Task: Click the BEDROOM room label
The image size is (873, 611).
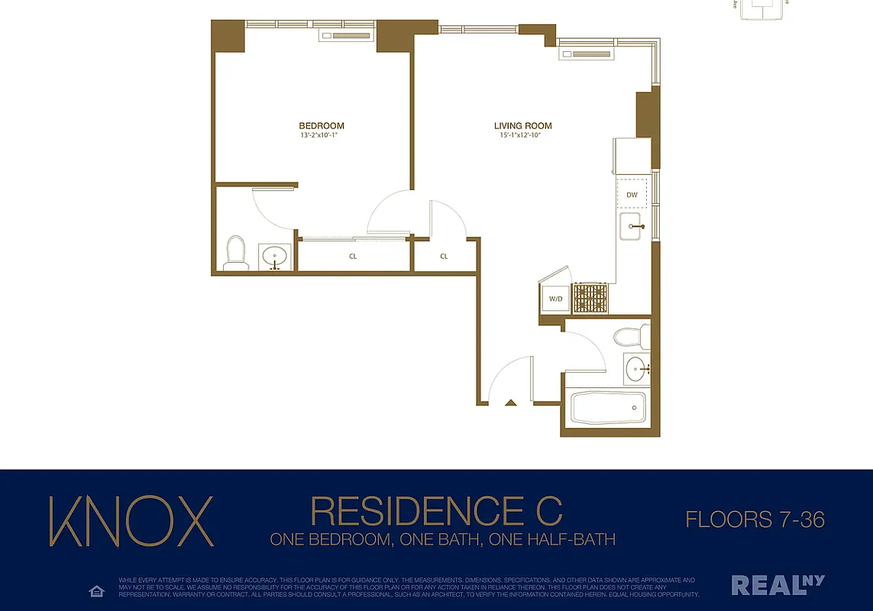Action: point(321,126)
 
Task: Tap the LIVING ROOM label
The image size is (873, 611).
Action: point(522,126)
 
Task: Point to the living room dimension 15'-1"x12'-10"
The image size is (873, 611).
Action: point(522,136)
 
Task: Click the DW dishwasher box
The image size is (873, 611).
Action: point(632,195)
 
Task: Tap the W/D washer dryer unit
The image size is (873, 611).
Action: point(555,299)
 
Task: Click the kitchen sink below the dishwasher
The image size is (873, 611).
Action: point(632,226)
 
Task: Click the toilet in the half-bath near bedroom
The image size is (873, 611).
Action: point(235,254)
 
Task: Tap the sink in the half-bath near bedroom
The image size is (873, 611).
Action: point(274,257)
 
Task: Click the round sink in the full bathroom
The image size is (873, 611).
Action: point(635,370)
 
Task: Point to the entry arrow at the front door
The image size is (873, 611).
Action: point(511,402)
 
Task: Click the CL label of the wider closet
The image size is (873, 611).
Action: point(353,257)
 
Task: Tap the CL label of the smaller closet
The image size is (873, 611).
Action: point(444,257)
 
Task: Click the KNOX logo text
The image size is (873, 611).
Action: point(131,521)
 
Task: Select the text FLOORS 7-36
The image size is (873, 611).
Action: point(755,520)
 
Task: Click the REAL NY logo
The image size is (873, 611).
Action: point(778,585)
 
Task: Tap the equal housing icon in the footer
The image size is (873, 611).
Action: point(96,591)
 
